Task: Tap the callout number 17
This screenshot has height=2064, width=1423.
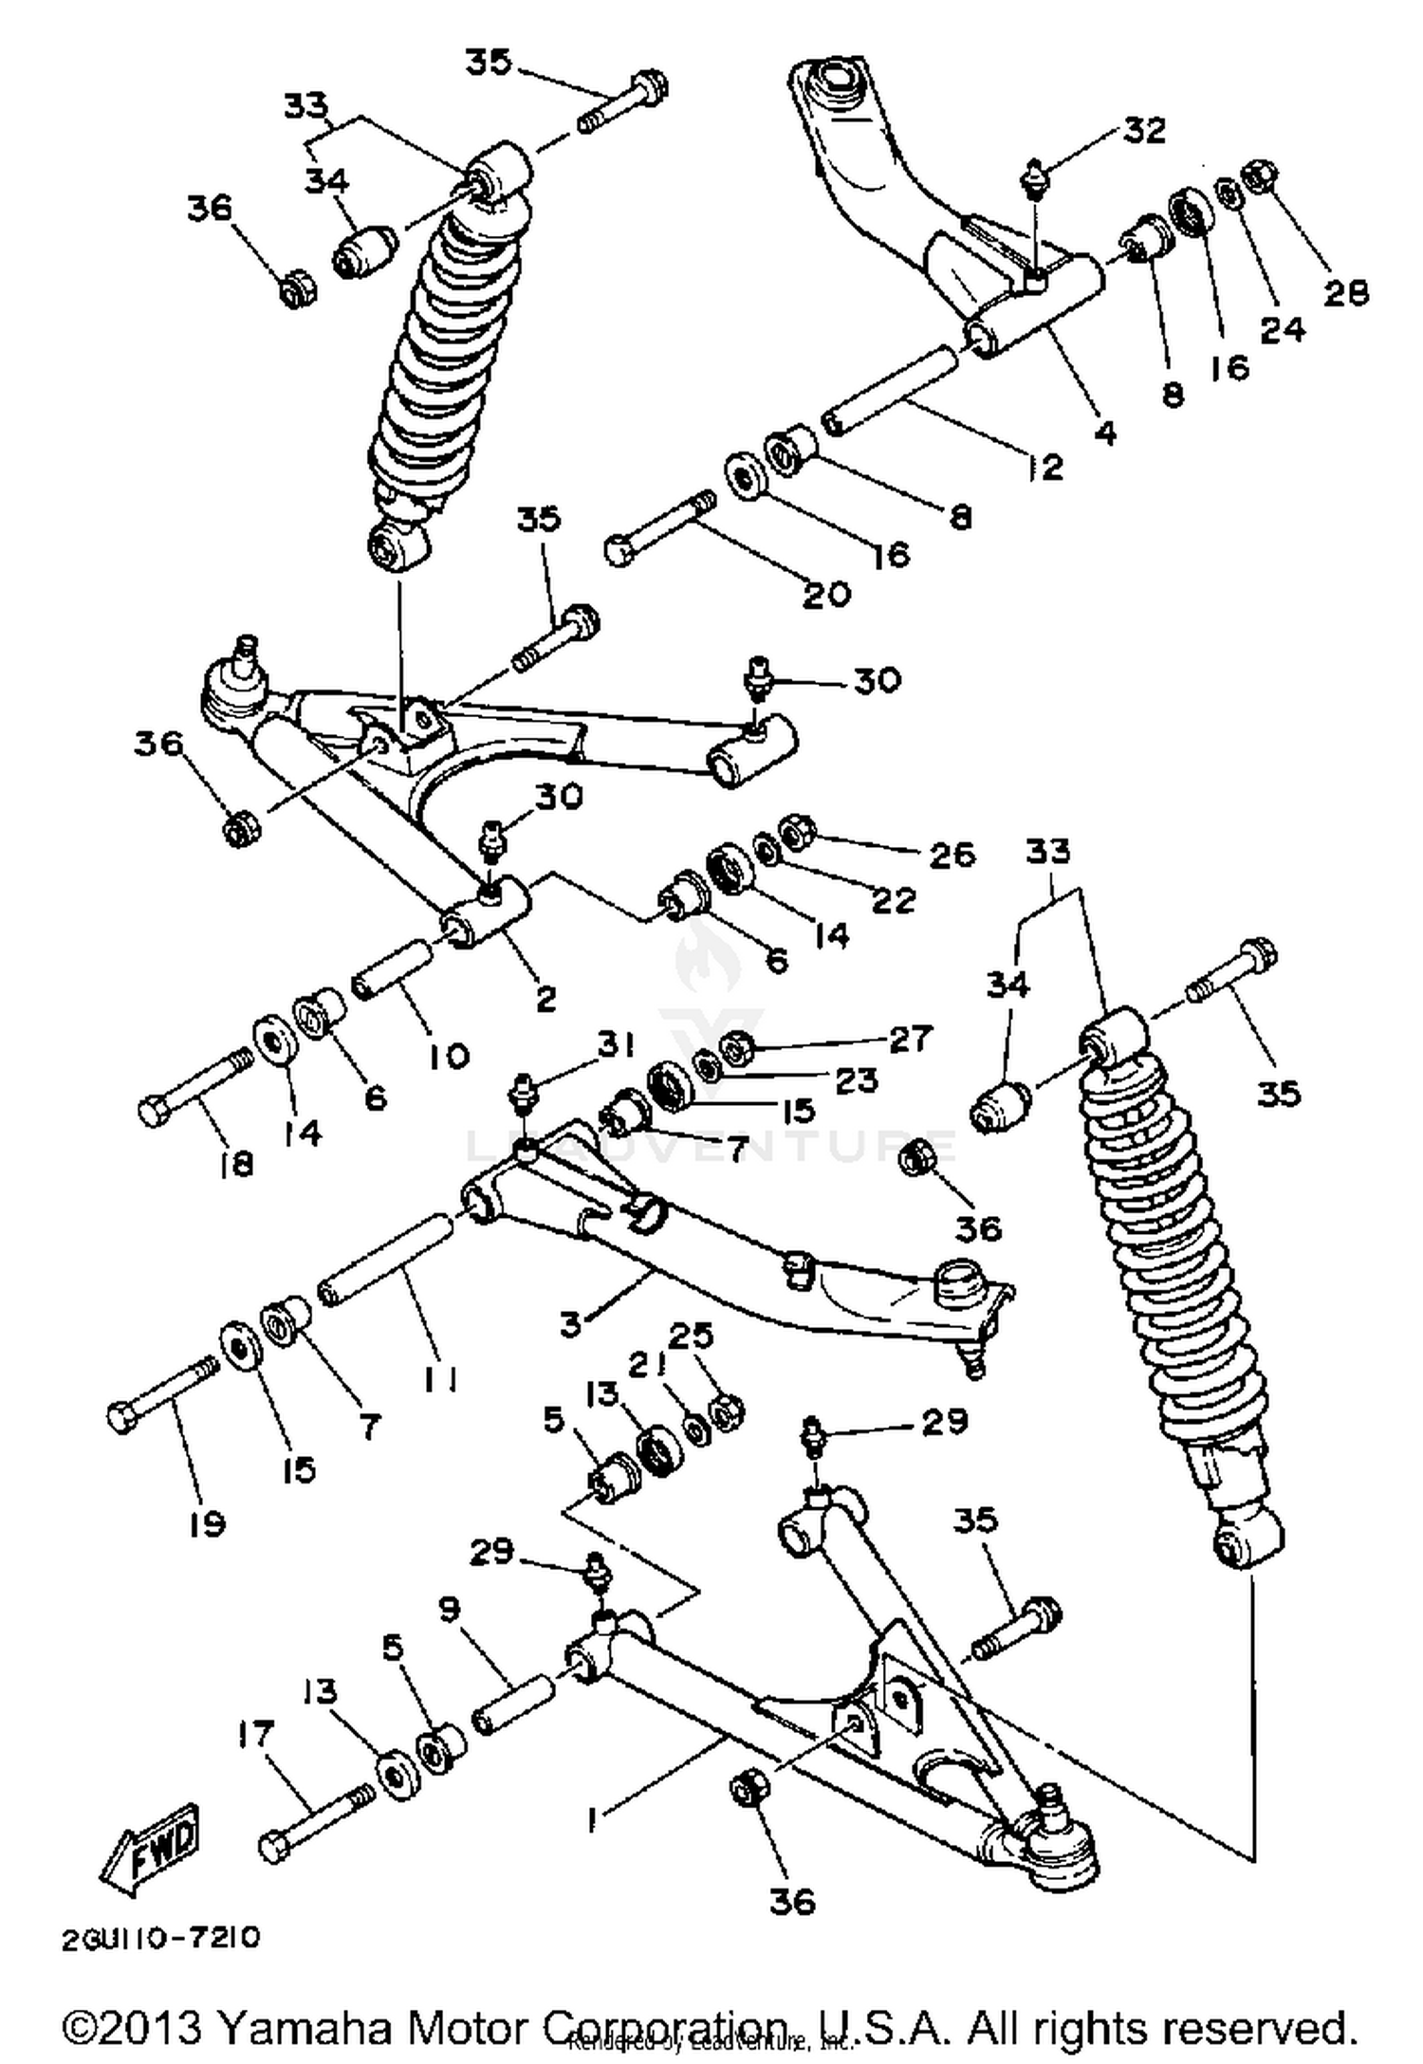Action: tap(255, 1734)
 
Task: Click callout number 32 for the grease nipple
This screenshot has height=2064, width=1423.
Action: tap(1144, 130)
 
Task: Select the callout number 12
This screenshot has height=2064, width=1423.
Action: tap(1045, 467)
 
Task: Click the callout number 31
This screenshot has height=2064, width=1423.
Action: tap(616, 1044)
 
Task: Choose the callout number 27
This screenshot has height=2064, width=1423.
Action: tap(910, 1039)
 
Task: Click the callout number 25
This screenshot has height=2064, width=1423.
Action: tap(691, 1336)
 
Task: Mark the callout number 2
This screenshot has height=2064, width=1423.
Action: tap(545, 998)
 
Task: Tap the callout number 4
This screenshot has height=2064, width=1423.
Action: tap(1105, 433)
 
